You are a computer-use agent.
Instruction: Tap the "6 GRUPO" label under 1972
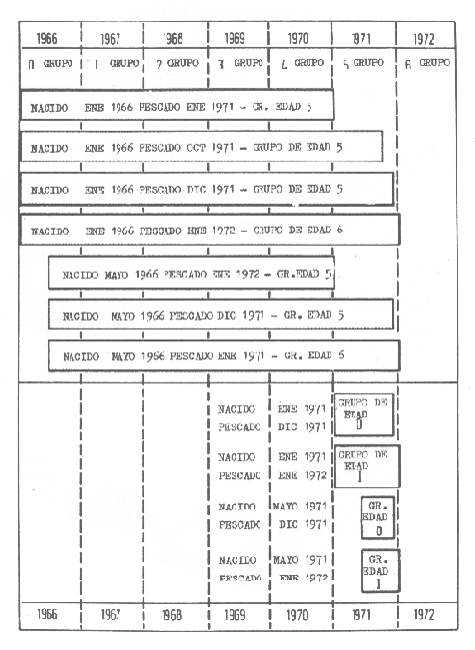tap(426, 62)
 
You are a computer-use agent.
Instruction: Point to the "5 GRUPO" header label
tap(362, 62)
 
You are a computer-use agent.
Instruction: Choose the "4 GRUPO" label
tap(298, 62)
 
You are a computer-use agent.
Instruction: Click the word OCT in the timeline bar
tap(198, 147)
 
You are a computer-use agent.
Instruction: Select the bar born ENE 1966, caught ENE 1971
tap(177, 105)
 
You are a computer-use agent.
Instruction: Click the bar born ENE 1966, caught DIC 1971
tap(207, 189)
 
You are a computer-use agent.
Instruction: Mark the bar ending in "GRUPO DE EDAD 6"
tap(210, 230)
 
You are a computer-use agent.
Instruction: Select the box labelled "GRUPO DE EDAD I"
tap(368, 465)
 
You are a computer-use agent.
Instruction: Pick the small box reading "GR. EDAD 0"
tap(378, 517)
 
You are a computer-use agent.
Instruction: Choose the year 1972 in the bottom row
tap(426, 615)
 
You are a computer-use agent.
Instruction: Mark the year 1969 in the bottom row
tap(236, 615)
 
